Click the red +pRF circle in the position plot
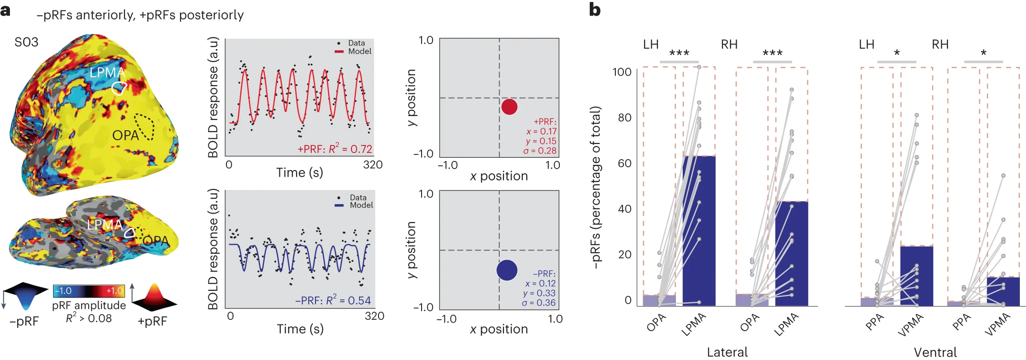(x=509, y=107)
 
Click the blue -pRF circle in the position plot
(x=507, y=270)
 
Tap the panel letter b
(x=595, y=9)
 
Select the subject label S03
(x=27, y=42)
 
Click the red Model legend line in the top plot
(x=339, y=51)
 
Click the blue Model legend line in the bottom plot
(x=339, y=205)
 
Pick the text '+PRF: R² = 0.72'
(x=334, y=149)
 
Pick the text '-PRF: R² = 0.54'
(x=333, y=300)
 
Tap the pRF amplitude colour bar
(x=89, y=291)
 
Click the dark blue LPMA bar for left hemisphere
(x=699, y=231)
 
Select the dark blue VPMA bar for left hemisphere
(x=917, y=276)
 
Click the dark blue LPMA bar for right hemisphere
(x=792, y=253)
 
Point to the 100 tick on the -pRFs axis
(x=622, y=72)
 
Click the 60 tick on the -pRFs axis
(x=624, y=163)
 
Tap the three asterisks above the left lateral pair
(x=679, y=53)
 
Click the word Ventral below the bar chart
(x=935, y=352)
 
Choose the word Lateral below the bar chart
(x=727, y=352)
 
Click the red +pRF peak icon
(x=154, y=297)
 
